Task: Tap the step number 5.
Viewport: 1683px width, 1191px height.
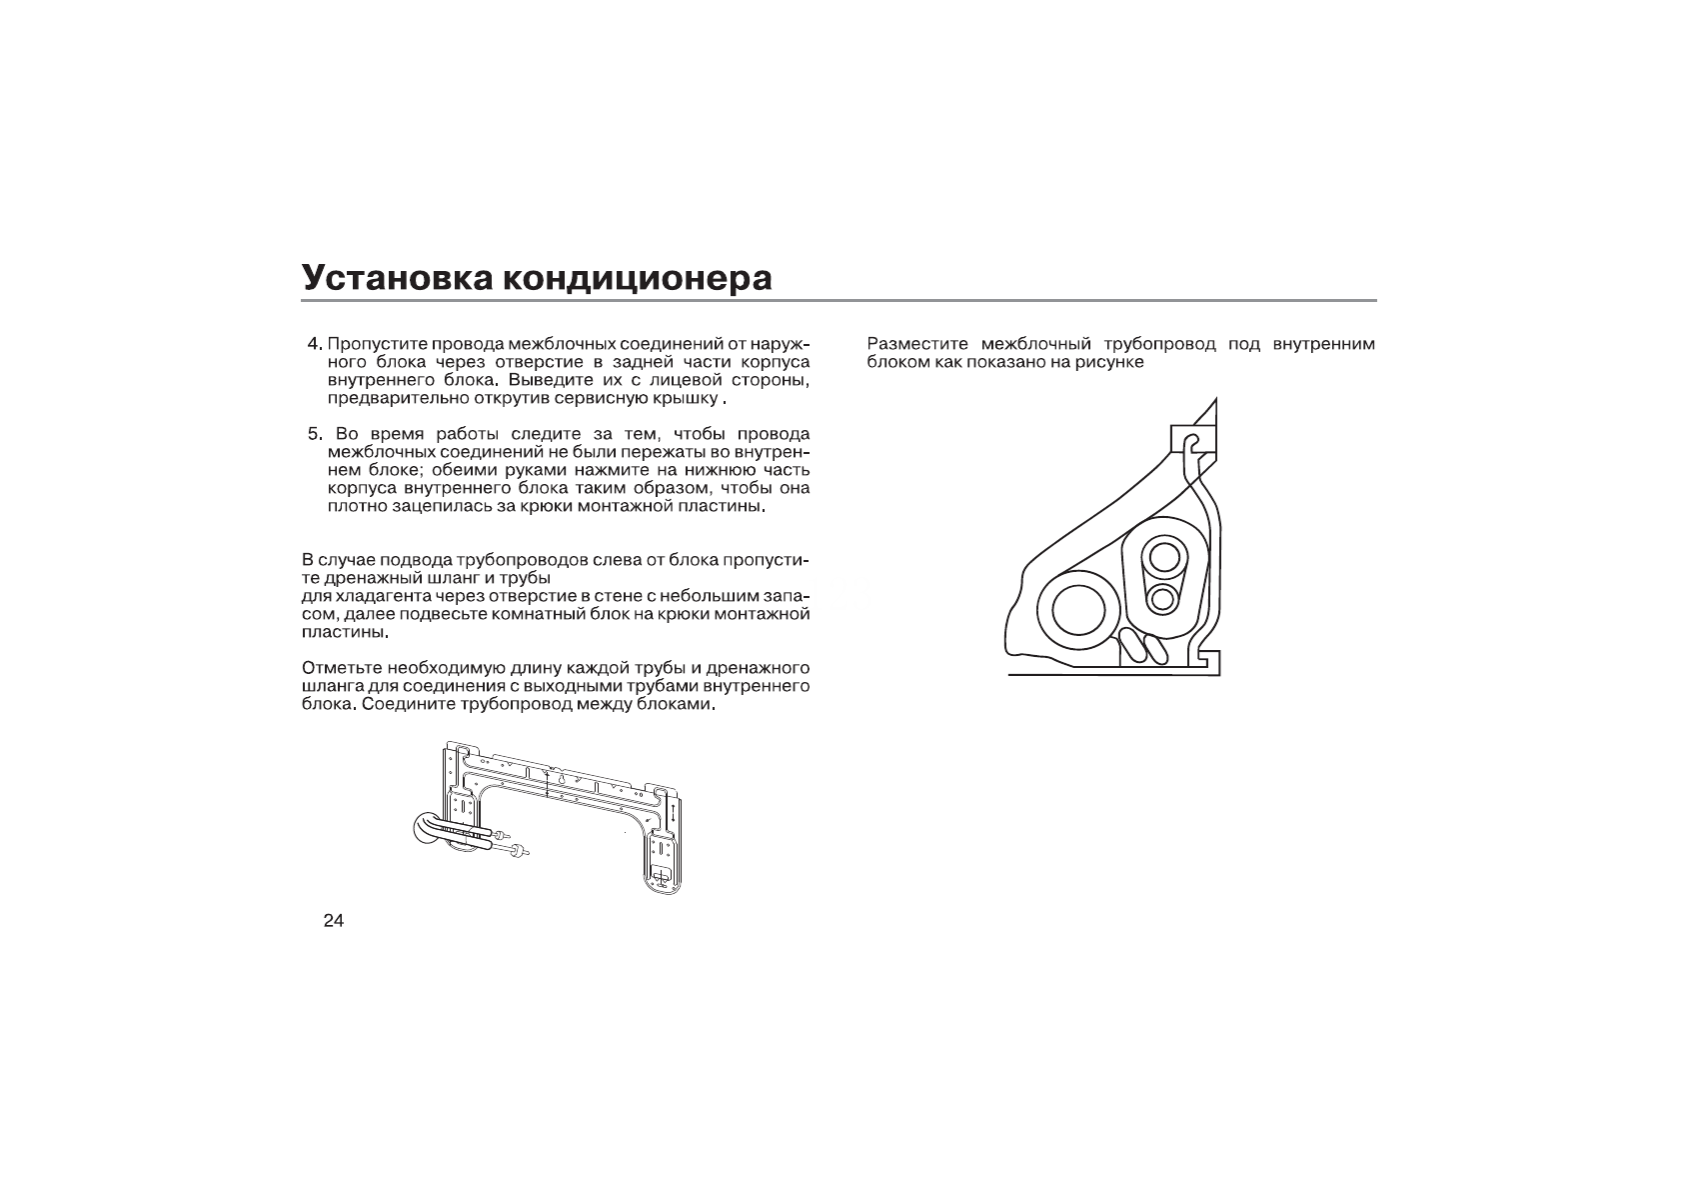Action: pyautogui.click(x=315, y=435)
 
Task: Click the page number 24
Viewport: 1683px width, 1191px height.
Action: pyautogui.click(x=333, y=921)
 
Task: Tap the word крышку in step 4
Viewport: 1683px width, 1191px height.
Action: pyautogui.click(x=688, y=399)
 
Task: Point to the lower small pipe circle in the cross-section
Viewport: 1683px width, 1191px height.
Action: pyautogui.click(x=1161, y=600)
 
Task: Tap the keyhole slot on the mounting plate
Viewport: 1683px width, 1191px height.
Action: pyautogui.click(x=562, y=779)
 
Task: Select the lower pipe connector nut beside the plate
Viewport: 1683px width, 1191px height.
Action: pyautogui.click(x=517, y=851)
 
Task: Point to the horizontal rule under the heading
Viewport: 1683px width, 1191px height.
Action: pyautogui.click(x=840, y=300)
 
